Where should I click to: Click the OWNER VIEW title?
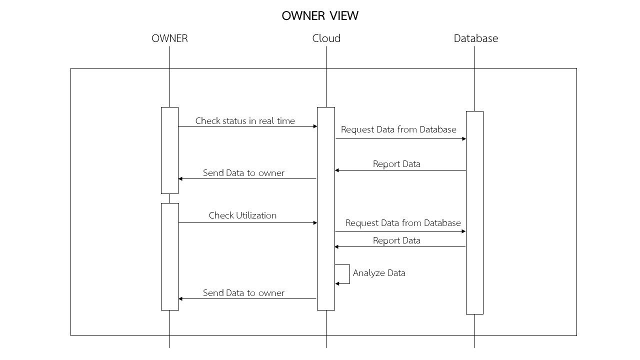pyautogui.click(x=320, y=16)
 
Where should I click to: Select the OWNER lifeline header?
pyautogui.click(x=169, y=38)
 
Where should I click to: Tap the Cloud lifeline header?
pyautogui.click(x=326, y=38)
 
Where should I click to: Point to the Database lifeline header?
pyautogui.click(x=475, y=38)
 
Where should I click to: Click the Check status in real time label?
pyautogui.click(x=245, y=121)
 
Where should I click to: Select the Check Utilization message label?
pyautogui.click(x=242, y=215)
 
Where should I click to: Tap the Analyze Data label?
pyautogui.click(x=379, y=273)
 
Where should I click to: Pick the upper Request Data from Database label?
pyautogui.click(x=398, y=129)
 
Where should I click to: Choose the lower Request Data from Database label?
pyautogui.click(x=403, y=223)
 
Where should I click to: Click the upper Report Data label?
pyautogui.click(x=396, y=164)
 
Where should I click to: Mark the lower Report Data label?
pyautogui.click(x=396, y=240)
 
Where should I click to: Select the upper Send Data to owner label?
pyautogui.click(x=243, y=173)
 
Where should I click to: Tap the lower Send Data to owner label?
pyautogui.click(x=243, y=293)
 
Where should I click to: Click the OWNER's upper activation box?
pyautogui.click(x=169, y=150)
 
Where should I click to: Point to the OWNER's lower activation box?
pyautogui.click(x=169, y=256)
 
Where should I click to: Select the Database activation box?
pyautogui.click(x=474, y=212)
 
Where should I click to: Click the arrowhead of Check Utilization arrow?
pyautogui.click(x=315, y=222)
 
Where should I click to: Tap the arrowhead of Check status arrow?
pyautogui.click(x=315, y=126)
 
